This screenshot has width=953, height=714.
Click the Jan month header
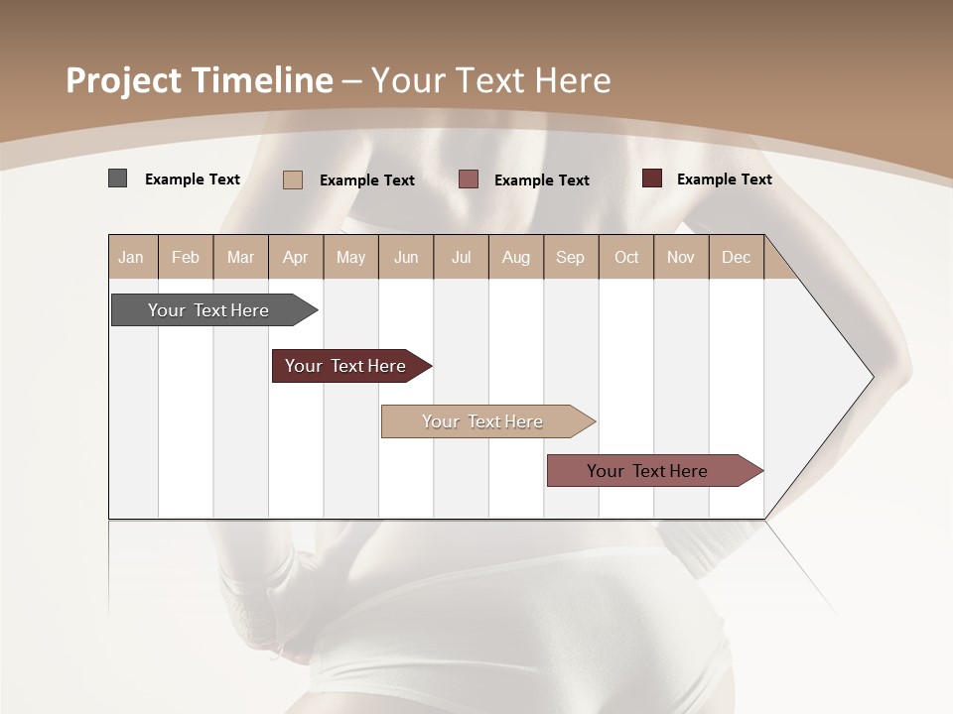131,257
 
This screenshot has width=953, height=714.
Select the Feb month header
186,257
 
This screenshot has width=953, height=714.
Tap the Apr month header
295,257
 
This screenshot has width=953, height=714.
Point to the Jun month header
406,257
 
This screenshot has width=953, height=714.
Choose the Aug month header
515,257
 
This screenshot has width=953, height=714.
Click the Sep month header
570,257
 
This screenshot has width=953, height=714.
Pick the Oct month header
626,257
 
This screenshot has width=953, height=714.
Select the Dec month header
736,257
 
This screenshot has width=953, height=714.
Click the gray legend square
118,178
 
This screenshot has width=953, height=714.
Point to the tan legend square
293,179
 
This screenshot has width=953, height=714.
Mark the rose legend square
469,179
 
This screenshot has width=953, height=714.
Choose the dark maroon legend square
652,178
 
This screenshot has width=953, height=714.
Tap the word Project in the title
124,80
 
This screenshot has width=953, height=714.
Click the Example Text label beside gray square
193,179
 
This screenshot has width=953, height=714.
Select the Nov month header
680,257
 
